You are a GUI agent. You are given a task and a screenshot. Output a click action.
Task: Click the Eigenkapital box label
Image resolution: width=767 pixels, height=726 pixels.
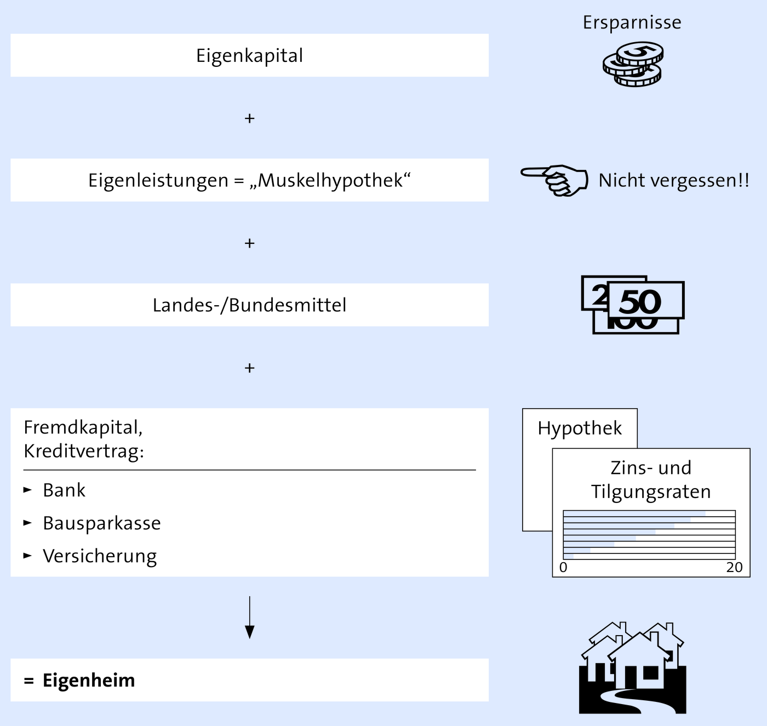[249, 56]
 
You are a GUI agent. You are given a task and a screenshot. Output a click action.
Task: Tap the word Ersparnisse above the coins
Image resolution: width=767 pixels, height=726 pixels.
[632, 22]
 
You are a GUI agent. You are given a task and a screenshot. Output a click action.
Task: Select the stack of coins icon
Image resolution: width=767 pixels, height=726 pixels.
[632, 64]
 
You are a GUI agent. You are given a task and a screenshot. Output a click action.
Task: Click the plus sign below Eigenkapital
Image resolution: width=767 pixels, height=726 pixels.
[249, 118]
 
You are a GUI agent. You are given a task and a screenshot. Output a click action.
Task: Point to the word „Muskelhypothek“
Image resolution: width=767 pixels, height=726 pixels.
[330, 180]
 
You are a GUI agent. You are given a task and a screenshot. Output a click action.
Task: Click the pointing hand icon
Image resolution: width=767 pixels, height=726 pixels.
[554, 180]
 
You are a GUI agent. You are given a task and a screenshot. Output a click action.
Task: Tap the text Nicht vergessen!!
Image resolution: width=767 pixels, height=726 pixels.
[674, 180]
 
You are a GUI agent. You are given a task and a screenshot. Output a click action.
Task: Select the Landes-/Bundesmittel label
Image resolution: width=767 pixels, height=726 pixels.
[249, 305]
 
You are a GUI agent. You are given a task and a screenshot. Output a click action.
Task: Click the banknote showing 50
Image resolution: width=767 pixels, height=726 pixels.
[646, 300]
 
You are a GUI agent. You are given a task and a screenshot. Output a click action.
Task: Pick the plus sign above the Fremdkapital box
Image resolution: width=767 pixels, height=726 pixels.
[249, 368]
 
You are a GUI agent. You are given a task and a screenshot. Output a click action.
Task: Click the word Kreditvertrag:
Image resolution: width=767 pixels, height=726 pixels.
[84, 451]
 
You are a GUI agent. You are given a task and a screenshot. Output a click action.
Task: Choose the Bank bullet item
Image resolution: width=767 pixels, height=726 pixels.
[64, 490]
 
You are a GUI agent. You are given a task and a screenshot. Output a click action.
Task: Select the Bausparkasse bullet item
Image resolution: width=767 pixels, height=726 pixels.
[102, 523]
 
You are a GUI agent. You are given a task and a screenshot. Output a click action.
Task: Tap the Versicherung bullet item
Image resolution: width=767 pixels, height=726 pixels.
[100, 556]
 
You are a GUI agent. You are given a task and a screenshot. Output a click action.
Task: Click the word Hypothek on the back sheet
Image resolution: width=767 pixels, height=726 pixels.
[580, 428]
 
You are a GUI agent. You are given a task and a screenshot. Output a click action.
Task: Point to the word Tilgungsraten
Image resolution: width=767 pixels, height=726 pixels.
[651, 492]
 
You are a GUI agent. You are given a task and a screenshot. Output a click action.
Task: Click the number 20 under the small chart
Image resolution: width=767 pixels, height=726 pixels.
[734, 567]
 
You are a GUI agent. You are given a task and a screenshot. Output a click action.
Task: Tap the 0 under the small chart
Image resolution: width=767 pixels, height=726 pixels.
[563, 567]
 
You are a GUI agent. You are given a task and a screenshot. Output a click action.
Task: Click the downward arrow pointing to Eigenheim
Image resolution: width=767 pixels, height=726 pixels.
[249, 617]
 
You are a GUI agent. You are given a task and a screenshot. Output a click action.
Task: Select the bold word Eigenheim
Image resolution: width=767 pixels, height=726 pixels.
[89, 681]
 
